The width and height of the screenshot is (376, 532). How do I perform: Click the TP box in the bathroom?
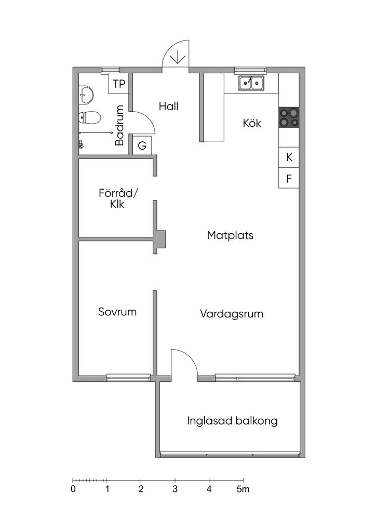[x=118, y=84]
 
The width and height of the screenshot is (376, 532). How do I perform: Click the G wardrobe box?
[x=142, y=145]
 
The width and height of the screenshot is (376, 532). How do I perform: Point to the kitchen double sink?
[x=251, y=83]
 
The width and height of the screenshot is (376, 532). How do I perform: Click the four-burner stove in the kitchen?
[x=289, y=117]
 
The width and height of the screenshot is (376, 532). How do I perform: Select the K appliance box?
[x=289, y=157]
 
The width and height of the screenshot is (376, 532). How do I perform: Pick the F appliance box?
[x=289, y=178]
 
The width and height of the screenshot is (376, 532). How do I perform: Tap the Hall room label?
[x=168, y=106]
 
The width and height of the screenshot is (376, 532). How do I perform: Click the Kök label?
[x=252, y=123]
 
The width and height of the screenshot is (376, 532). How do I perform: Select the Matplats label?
[x=230, y=235]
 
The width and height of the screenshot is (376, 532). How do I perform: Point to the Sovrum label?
[x=117, y=312]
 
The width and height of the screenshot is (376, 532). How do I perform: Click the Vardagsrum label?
[x=232, y=313]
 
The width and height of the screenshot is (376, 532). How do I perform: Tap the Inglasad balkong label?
[x=232, y=421]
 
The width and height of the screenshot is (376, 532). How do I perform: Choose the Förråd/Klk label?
[x=118, y=198]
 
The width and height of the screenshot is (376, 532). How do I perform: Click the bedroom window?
[x=128, y=377]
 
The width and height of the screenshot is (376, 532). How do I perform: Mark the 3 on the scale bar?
[x=175, y=489]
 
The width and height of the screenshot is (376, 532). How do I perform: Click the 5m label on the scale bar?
[x=243, y=489]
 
